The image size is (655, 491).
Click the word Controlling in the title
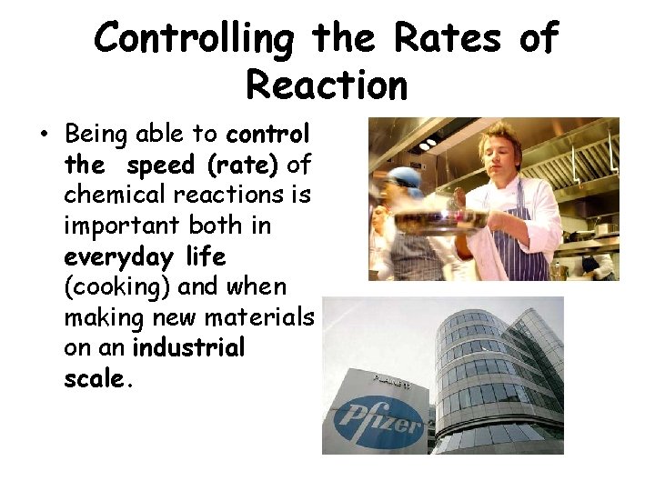pyautogui.click(x=196, y=39)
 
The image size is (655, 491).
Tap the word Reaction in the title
pyautogui.click(x=327, y=85)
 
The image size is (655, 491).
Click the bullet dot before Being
pyautogui.click(x=43, y=137)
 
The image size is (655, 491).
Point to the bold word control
pyautogui.click(x=267, y=135)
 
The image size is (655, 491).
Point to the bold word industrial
pyautogui.click(x=188, y=348)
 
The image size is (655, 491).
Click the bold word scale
pyautogui.click(x=96, y=379)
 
